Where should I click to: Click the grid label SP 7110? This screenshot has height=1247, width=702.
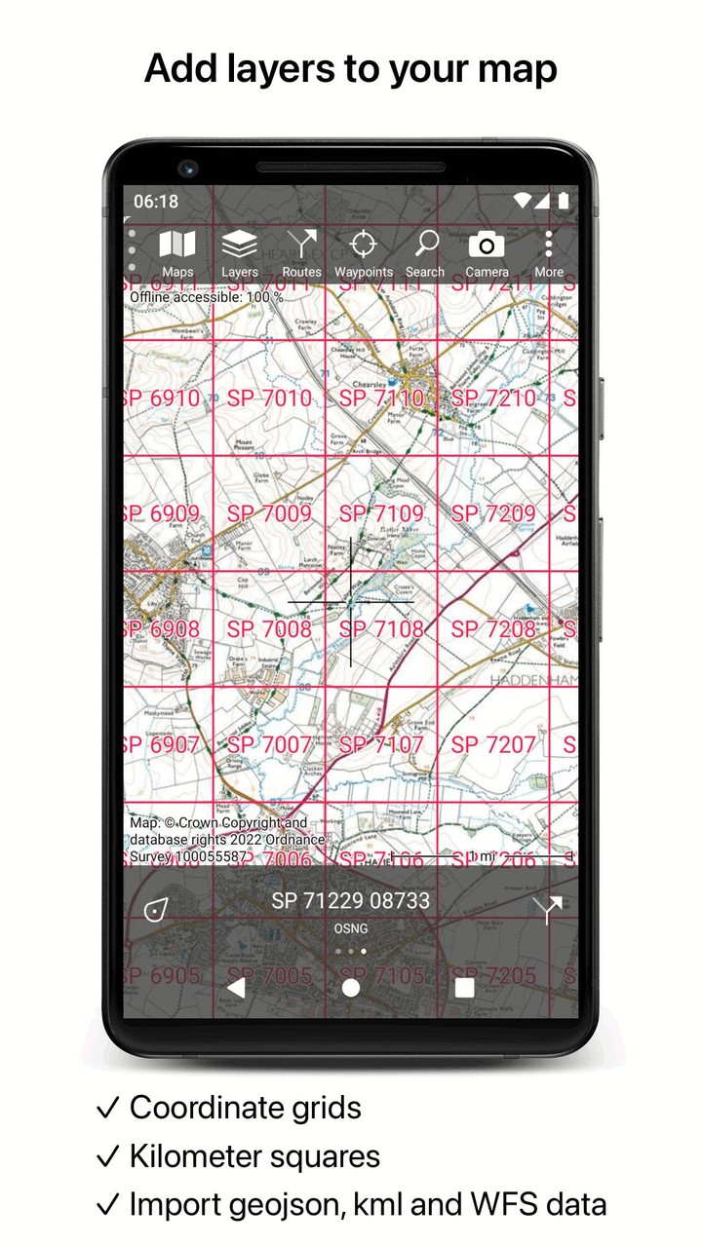point(382,398)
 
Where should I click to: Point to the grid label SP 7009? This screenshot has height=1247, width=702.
point(270,513)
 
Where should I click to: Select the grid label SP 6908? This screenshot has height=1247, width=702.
point(162,629)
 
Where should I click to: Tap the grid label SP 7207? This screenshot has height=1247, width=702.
point(494,744)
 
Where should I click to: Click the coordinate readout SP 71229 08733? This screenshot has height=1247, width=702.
point(351,901)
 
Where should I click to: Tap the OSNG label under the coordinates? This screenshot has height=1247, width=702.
point(351,928)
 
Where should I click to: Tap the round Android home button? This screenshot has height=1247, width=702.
point(351,987)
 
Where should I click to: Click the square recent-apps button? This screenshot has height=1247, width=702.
point(464,987)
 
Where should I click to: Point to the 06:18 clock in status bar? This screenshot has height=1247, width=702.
point(156,202)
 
